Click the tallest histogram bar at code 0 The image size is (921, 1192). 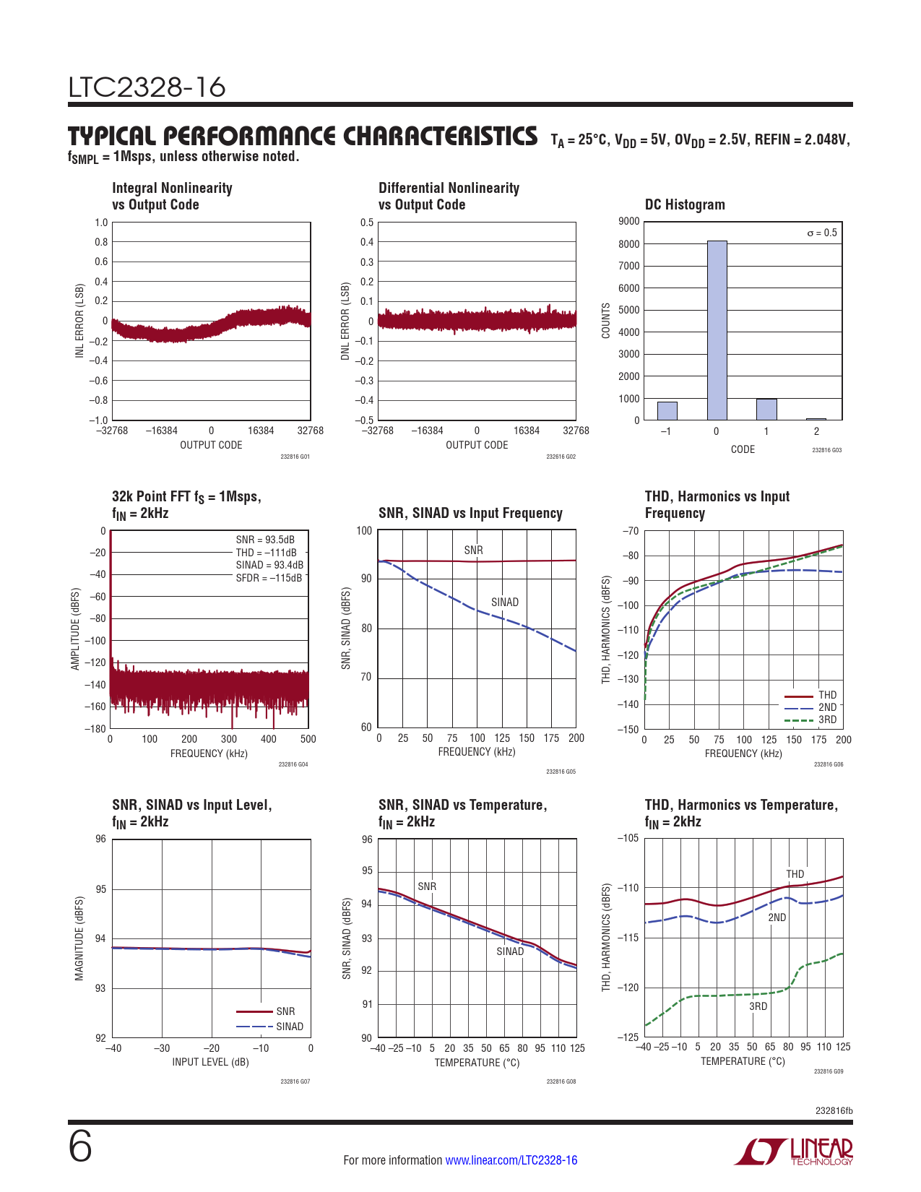tap(717, 330)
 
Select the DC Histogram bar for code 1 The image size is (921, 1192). tap(766, 410)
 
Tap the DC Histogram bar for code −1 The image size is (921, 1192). tap(667, 411)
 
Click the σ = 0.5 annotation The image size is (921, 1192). tap(822, 233)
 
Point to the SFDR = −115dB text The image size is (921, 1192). tap(269, 578)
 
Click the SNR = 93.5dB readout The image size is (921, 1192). tap(265, 540)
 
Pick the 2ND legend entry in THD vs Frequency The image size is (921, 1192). tap(827, 707)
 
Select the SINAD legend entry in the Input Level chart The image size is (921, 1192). tap(290, 1027)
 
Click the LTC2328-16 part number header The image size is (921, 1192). tap(147, 87)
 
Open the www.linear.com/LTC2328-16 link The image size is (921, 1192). tap(511, 1160)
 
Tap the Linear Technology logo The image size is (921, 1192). tap(794, 1152)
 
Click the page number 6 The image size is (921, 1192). tap(80, 1146)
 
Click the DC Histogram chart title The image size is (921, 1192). tap(685, 204)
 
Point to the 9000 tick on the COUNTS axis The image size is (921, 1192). tap(629, 221)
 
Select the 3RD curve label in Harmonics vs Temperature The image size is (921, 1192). tap(758, 1006)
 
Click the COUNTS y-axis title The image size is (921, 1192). tap(606, 321)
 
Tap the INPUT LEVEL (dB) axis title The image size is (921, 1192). tap(210, 1062)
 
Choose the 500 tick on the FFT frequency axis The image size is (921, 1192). tap(308, 739)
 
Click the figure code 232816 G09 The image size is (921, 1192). tap(829, 1071)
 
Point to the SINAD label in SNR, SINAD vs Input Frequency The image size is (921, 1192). tap(505, 603)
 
